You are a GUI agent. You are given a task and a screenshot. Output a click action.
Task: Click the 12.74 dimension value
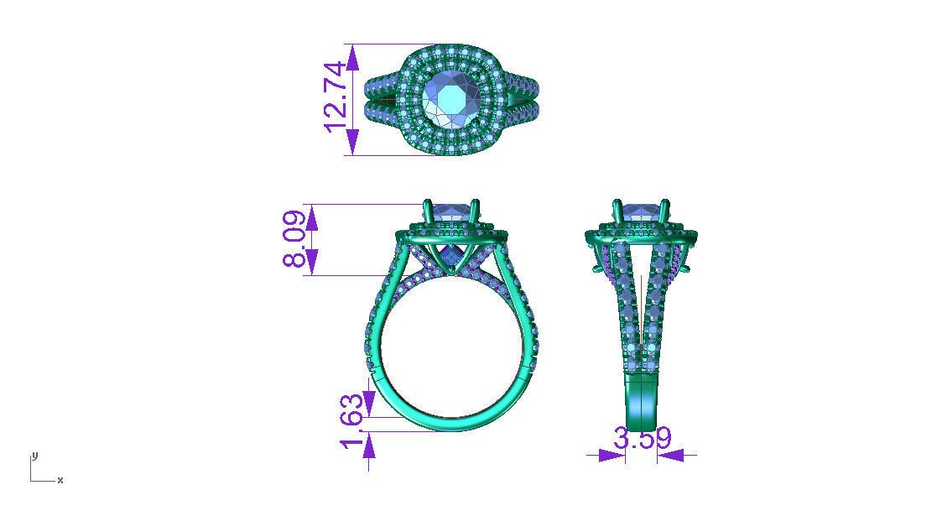335,96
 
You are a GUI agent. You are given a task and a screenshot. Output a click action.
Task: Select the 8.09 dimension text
294,239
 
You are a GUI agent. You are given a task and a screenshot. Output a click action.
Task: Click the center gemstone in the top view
452,99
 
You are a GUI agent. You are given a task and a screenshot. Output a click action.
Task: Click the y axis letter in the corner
34,455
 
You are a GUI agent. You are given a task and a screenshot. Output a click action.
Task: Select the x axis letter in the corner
60,480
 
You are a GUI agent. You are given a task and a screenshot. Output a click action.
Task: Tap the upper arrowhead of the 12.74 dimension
352,56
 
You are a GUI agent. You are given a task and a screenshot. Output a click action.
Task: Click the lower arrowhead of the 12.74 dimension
352,143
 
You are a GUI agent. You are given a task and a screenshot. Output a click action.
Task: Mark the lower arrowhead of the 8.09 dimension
312,263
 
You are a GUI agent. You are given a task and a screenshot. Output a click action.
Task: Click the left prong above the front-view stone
427,210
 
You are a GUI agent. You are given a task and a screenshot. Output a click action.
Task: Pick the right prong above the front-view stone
476,210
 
